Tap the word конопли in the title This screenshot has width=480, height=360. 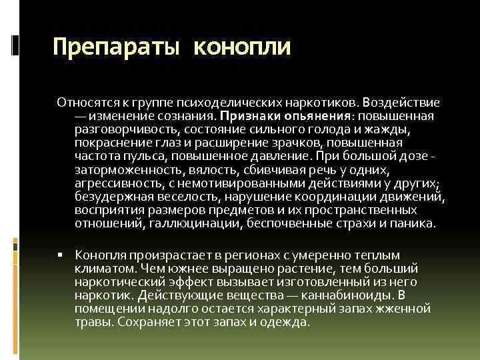click(243, 47)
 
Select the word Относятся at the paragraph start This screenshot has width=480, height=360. click(83, 103)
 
